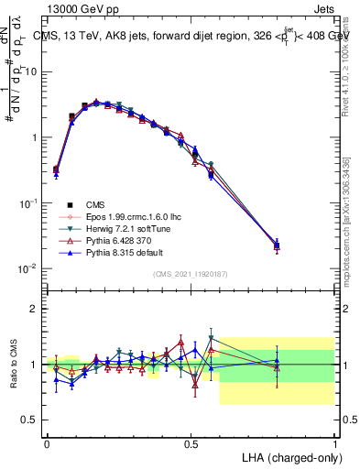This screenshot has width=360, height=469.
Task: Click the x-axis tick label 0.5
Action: [191, 442]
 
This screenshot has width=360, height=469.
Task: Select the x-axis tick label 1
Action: [334, 442]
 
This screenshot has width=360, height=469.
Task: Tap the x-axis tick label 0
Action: [47, 442]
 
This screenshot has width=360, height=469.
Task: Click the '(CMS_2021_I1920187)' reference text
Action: [191, 274]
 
